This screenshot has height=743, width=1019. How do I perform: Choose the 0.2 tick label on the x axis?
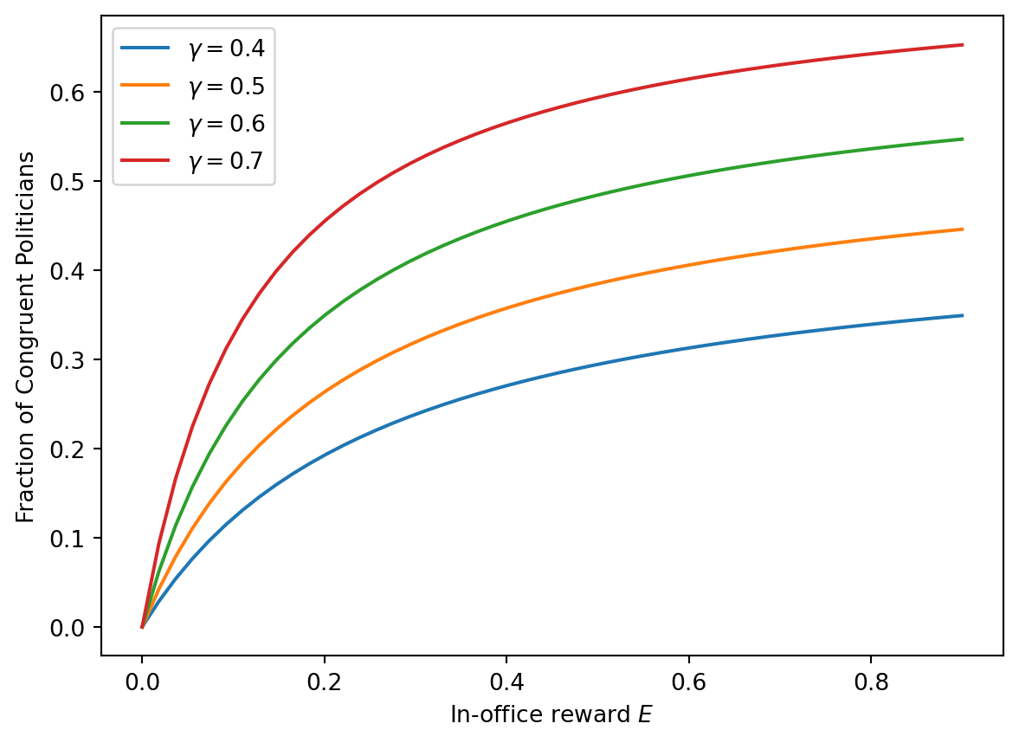coord(324,680)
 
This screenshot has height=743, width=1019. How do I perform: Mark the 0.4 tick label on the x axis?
coord(506,680)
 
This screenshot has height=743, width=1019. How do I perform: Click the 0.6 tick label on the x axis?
coord(688,680)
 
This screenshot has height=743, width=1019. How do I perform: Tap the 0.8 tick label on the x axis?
coord(871,680)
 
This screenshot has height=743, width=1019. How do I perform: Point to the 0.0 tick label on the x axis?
coord(142,680)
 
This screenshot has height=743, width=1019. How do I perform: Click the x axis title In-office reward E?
coord(551,715)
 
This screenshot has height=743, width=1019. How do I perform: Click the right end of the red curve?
coord(963,45)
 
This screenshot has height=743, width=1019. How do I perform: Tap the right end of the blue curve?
coord(963,315)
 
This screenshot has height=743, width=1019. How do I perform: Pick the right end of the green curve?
coord(963,139)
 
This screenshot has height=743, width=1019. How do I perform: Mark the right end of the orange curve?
coord(963,229)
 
